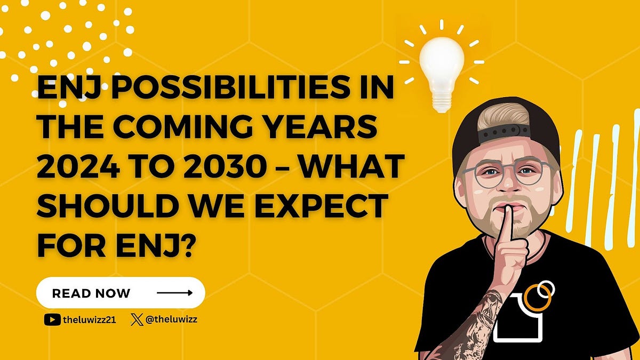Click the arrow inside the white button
click(174, 293)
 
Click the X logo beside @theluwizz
click(137, 320)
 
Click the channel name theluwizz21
click(87, 320)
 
